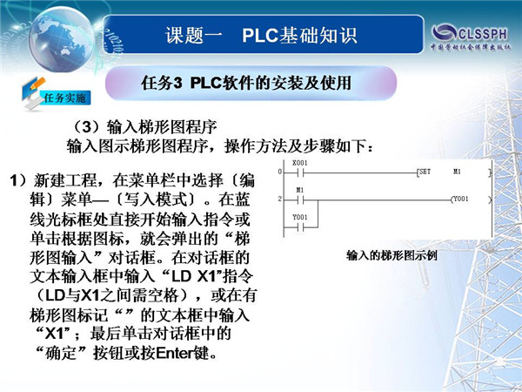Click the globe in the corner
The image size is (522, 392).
click(61, 39)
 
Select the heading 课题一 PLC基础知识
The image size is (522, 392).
click(261, 36)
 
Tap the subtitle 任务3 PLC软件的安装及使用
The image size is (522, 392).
click(246, 83)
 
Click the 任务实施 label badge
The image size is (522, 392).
click(65, 98)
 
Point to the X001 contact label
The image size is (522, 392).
click(299, 163)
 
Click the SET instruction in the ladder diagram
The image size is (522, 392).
click(425, 172)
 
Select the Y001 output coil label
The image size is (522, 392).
click(461, 199)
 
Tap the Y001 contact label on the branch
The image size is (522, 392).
click(299, 217)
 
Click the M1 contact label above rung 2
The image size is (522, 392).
click(300, 190)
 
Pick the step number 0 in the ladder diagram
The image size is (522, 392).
click(280, 172)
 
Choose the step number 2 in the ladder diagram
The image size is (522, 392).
click(280, 199)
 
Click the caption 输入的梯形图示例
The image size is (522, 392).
click(391, 255)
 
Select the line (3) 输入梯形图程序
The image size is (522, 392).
click(145, 127)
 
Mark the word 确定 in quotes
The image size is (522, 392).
click(61, 353)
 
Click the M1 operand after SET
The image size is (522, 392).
click(457, 172)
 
